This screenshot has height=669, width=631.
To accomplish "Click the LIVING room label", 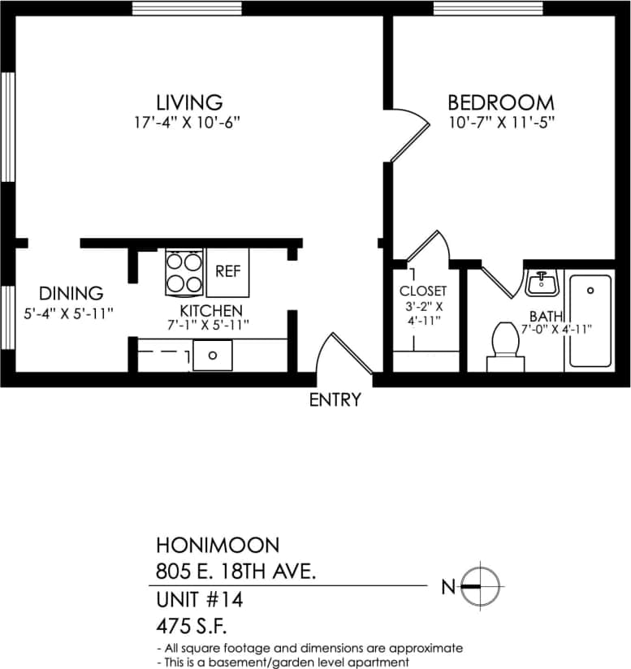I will (189, 102).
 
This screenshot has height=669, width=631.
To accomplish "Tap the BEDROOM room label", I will (501, 103).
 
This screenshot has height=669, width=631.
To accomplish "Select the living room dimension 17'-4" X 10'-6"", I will (188, 123).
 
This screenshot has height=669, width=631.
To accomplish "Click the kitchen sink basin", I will (212, 355).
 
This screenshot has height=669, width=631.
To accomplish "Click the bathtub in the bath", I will (589, 321).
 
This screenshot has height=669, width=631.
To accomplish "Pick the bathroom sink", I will (541, 284).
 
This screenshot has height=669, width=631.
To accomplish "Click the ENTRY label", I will (335, 399).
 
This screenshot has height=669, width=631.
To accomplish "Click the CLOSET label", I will (422, 291).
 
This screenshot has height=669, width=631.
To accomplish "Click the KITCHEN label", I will (210, 311).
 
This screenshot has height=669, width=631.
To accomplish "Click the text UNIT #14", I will (199, 601).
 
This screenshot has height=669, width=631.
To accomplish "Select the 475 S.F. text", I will (193, 627).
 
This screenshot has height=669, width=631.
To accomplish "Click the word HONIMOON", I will (217, 545).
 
